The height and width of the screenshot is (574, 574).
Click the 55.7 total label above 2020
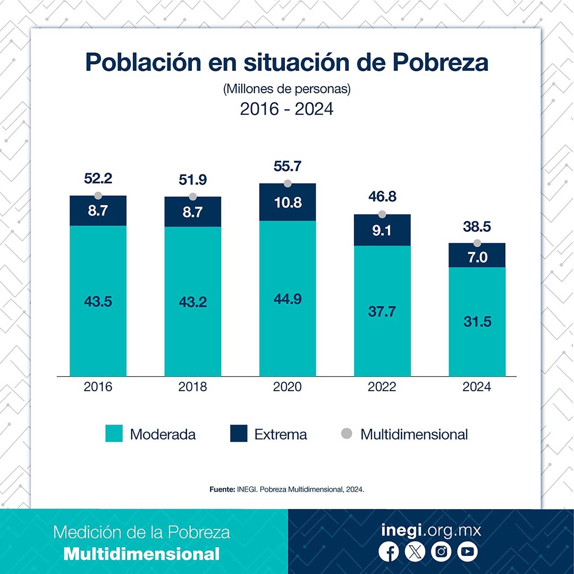point(287,166)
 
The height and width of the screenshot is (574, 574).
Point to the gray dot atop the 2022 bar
point(382,214)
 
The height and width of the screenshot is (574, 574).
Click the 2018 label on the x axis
point(193,387)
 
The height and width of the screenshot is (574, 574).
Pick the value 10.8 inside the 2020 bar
point(288,203)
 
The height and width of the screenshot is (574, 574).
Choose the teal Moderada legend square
point(114,433)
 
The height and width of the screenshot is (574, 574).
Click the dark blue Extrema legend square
point(239,433)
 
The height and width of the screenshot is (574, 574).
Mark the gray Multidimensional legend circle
point(347,433)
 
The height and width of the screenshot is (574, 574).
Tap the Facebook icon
point(389,551)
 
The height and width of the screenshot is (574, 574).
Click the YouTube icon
point(467,551)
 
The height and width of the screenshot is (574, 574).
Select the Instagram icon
point(441,551)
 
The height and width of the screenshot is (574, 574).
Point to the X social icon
point(415,551)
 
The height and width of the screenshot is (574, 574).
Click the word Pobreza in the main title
point(441,62)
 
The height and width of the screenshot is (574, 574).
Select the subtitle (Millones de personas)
point(287,89)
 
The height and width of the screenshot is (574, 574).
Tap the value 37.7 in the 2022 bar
point(382,311)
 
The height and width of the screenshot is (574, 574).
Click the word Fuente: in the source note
point(222,489)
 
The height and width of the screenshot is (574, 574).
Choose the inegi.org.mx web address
point(431,530)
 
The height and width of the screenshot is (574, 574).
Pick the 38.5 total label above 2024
point(477,227)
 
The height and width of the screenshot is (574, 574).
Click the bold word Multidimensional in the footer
point(142,554)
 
